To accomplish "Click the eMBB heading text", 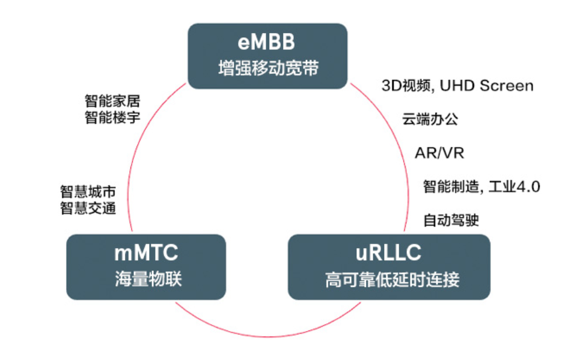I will (x=267, y=43).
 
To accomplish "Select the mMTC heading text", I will (x=146, y=253).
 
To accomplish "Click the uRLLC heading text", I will (x=389, y=253).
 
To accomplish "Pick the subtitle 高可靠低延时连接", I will (x=389, y=280).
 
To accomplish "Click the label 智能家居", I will (x=112, y=101).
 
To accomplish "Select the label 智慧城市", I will (x=88, y=192).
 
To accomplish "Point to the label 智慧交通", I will (x=88, y=208).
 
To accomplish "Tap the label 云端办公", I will (x=430, y=119).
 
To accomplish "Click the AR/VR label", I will (x=439, y=153).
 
